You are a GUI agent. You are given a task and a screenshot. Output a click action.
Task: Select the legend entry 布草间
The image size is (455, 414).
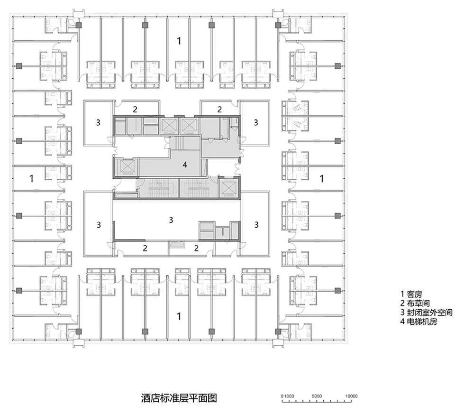point(415,304)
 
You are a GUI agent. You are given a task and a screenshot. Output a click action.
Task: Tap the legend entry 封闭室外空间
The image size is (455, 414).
point(426,313)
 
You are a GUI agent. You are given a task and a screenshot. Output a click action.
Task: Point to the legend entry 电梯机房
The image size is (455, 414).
point(419,322)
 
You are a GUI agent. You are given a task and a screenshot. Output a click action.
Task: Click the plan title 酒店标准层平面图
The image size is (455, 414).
point(179,398)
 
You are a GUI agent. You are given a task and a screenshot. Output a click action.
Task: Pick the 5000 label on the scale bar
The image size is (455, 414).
point(317,396)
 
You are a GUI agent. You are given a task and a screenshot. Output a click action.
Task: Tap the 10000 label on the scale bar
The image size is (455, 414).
point(351,396)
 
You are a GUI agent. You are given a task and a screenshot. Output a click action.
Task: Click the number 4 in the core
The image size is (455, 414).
point(185,165)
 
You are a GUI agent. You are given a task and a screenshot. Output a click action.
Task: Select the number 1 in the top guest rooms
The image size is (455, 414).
point(179,41)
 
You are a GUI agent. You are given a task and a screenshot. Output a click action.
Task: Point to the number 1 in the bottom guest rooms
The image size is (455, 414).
point(179,316)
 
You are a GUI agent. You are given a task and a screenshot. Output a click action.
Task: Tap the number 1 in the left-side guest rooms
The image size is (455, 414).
point(32,178)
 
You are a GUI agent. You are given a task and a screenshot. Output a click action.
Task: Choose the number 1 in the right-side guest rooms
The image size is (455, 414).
point(321,179)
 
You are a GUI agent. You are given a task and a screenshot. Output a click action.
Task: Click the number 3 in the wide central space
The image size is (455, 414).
point(171,220)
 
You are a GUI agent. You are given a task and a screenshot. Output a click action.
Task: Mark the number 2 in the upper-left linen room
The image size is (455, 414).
point(135,110)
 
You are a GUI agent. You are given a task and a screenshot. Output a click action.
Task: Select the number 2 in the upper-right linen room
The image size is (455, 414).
point(219,109)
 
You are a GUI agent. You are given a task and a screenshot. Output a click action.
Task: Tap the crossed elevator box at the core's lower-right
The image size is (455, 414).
point(228,188)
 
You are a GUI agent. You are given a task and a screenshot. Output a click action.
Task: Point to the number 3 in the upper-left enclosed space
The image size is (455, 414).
point(98,122)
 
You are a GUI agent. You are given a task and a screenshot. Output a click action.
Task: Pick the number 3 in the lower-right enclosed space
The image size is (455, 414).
point(256,224)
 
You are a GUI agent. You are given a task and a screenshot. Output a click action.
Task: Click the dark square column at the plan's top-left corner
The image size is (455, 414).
point(79,25)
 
